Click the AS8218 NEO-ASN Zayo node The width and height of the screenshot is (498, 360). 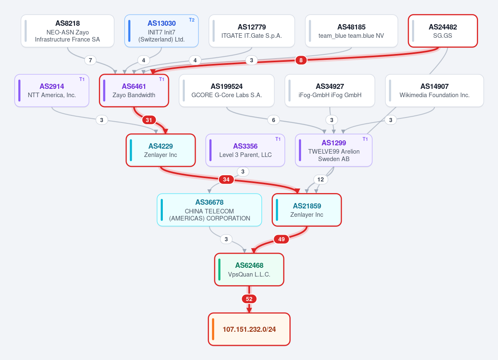67,31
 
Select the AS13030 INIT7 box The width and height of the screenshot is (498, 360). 161,31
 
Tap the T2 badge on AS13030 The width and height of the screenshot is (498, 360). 191,20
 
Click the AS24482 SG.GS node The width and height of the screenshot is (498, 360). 443,31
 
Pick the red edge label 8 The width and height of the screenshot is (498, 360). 301,60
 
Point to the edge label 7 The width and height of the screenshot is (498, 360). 91,60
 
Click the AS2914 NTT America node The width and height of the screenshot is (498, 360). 52,91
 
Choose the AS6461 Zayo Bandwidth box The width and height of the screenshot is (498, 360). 134,91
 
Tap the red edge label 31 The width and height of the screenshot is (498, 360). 149,120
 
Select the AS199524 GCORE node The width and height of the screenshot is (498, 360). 227,91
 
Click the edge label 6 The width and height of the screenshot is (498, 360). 273,120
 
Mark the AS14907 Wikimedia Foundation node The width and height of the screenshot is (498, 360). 434,91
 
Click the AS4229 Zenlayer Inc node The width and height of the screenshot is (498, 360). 161,150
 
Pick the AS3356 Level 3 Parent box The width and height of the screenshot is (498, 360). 245,150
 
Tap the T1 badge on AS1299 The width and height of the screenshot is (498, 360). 365,139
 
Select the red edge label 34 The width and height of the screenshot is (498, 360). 226,179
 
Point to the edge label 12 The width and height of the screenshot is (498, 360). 321,179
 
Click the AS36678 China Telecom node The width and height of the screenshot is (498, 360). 209,210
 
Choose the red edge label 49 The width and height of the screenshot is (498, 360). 281,239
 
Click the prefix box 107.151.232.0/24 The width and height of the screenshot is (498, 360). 249,329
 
